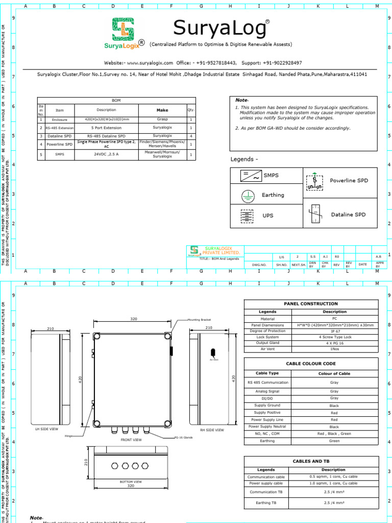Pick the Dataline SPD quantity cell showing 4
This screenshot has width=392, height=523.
(x=191, y=136)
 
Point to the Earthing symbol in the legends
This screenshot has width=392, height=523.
(x=248, y=195)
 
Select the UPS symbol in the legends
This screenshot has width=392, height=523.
(x=248, y=216)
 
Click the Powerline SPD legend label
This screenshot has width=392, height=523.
(x=349, y=180)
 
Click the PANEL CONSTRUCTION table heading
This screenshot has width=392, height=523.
(x=311, y=304)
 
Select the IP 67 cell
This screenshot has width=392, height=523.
(x=334, y=331)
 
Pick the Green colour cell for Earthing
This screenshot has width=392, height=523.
(x=334, y=441)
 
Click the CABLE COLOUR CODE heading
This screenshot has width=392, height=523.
(x=311, y=363)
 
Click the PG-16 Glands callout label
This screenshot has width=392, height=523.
(x=183, y=438)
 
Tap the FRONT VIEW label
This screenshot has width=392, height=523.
(x=131, y=439)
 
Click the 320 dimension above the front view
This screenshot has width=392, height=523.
(x=134, y=319)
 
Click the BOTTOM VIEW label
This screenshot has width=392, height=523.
(x=131, y=482)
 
